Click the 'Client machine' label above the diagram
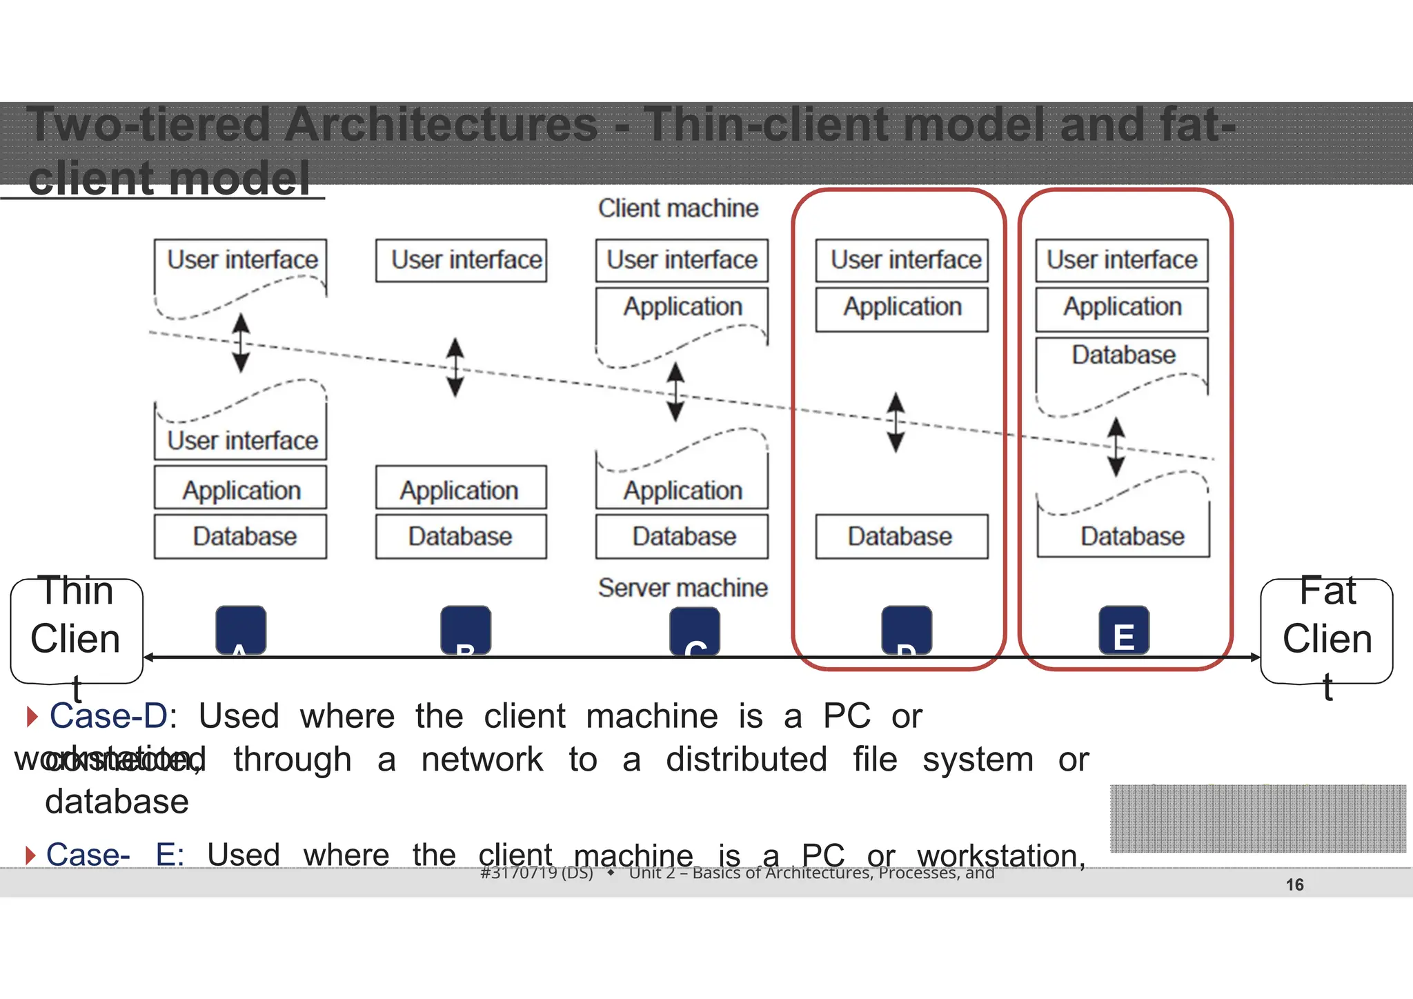(x=678, y=208)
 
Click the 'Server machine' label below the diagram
(x=682, y=588)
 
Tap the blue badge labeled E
(x=1123, y=631)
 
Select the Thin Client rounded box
(x=76, y=631)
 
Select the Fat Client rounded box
(x=1326, y=631)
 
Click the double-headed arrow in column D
(x=896, y=422)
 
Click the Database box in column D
(x=901, y=536)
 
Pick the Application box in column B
(x=460, y=489)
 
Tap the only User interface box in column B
(x=461, y=260)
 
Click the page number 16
(x=1294, y=884)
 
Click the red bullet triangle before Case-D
(x=31, y=716)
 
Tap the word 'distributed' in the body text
(x=746, y=760)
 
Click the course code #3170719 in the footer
(x=536, y=873)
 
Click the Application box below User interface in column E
(x=1122, y=308)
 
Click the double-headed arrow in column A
(x=241, y=343)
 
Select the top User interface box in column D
(x=902, y=260)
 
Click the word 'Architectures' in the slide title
(x=442, y=125)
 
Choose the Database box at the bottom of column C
(x=682, y=536)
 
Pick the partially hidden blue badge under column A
(x=241, y=630)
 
